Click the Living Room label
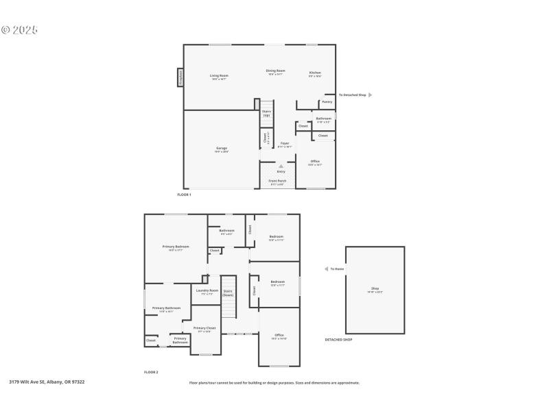[219, 75]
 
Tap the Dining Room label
[276, 71]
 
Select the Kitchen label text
[314, 73]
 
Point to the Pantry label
[327, 101]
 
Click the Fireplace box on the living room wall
[180, 77]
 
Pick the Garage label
[221, 148]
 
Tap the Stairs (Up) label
[266, 113]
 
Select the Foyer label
[284, 143]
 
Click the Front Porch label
[277, 181]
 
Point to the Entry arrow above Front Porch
[281, 166]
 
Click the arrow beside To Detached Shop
[370, 95]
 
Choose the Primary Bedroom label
[176, 247]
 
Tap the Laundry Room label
[207, 290]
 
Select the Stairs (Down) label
[228, 292]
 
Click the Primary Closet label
[204, 328]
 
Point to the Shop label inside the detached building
[375, 288]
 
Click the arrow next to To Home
[326, 269]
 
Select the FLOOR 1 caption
[184, 195]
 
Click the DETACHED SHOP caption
[338, 339]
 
